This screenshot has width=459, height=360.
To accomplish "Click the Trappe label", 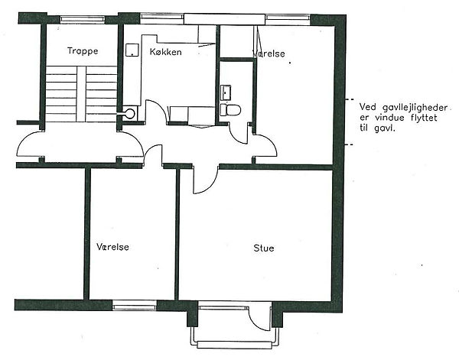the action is click(83, 51).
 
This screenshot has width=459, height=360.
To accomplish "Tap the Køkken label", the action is click(166, 52).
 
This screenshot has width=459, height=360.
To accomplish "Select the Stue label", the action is click(264, 248).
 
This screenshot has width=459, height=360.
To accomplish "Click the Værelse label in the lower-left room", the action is click(112, 247).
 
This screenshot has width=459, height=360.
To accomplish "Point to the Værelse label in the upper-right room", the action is click(269, 54).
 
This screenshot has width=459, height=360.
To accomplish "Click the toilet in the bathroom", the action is click(230, 110).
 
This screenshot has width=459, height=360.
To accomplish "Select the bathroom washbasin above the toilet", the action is click(226, 92).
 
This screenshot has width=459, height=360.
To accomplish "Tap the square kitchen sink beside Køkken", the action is click(132, 50).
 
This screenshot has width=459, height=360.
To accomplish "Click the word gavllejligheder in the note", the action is click(415, 109).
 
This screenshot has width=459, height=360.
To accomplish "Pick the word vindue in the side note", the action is click(389, 118).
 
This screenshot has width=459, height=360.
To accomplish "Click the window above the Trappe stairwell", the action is click(83, 18).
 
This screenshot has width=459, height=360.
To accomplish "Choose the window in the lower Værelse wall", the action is click(135, 306).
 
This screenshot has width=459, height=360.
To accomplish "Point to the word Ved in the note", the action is click(368, 107).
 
